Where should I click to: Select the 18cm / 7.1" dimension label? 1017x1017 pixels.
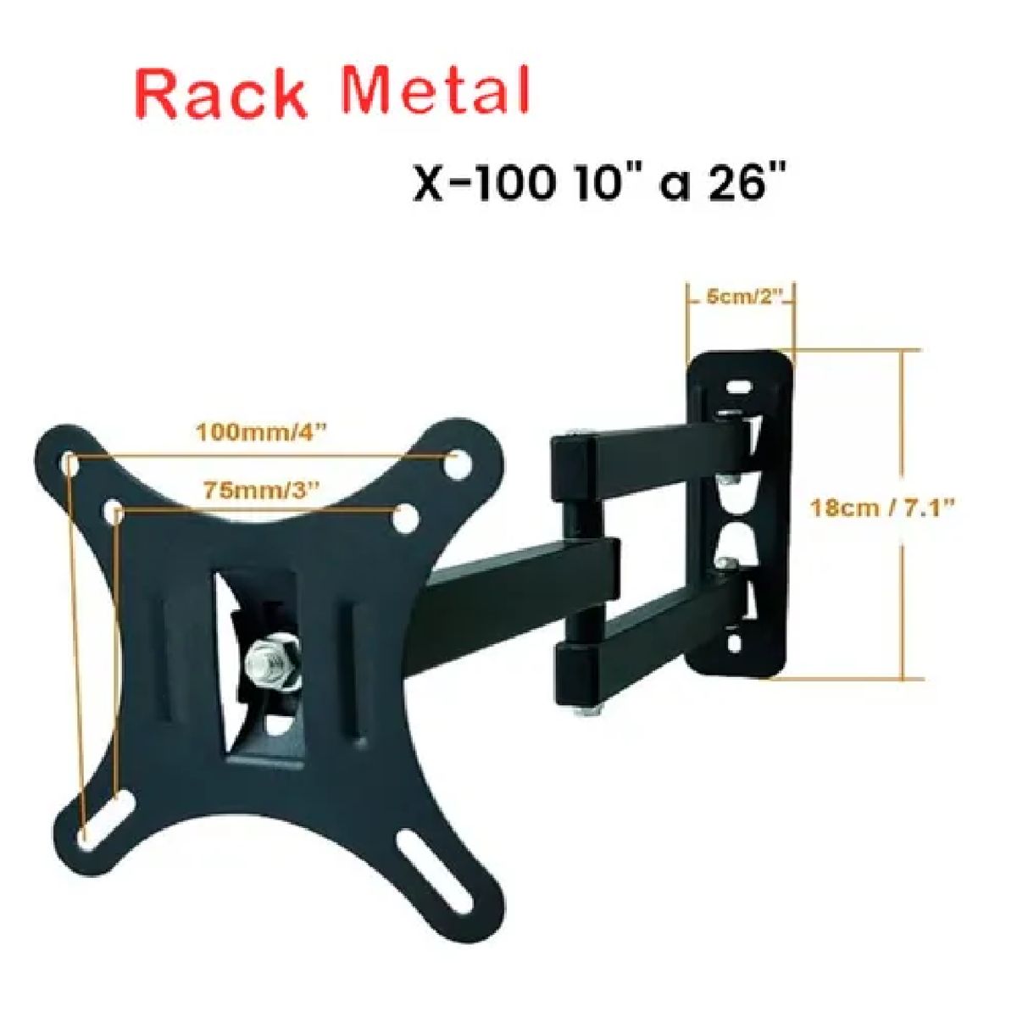(x=883, y=508)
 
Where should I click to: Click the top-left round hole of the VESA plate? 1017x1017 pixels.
(x=70, y=463)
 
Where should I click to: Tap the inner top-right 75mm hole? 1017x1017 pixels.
(x=404, y=515)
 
